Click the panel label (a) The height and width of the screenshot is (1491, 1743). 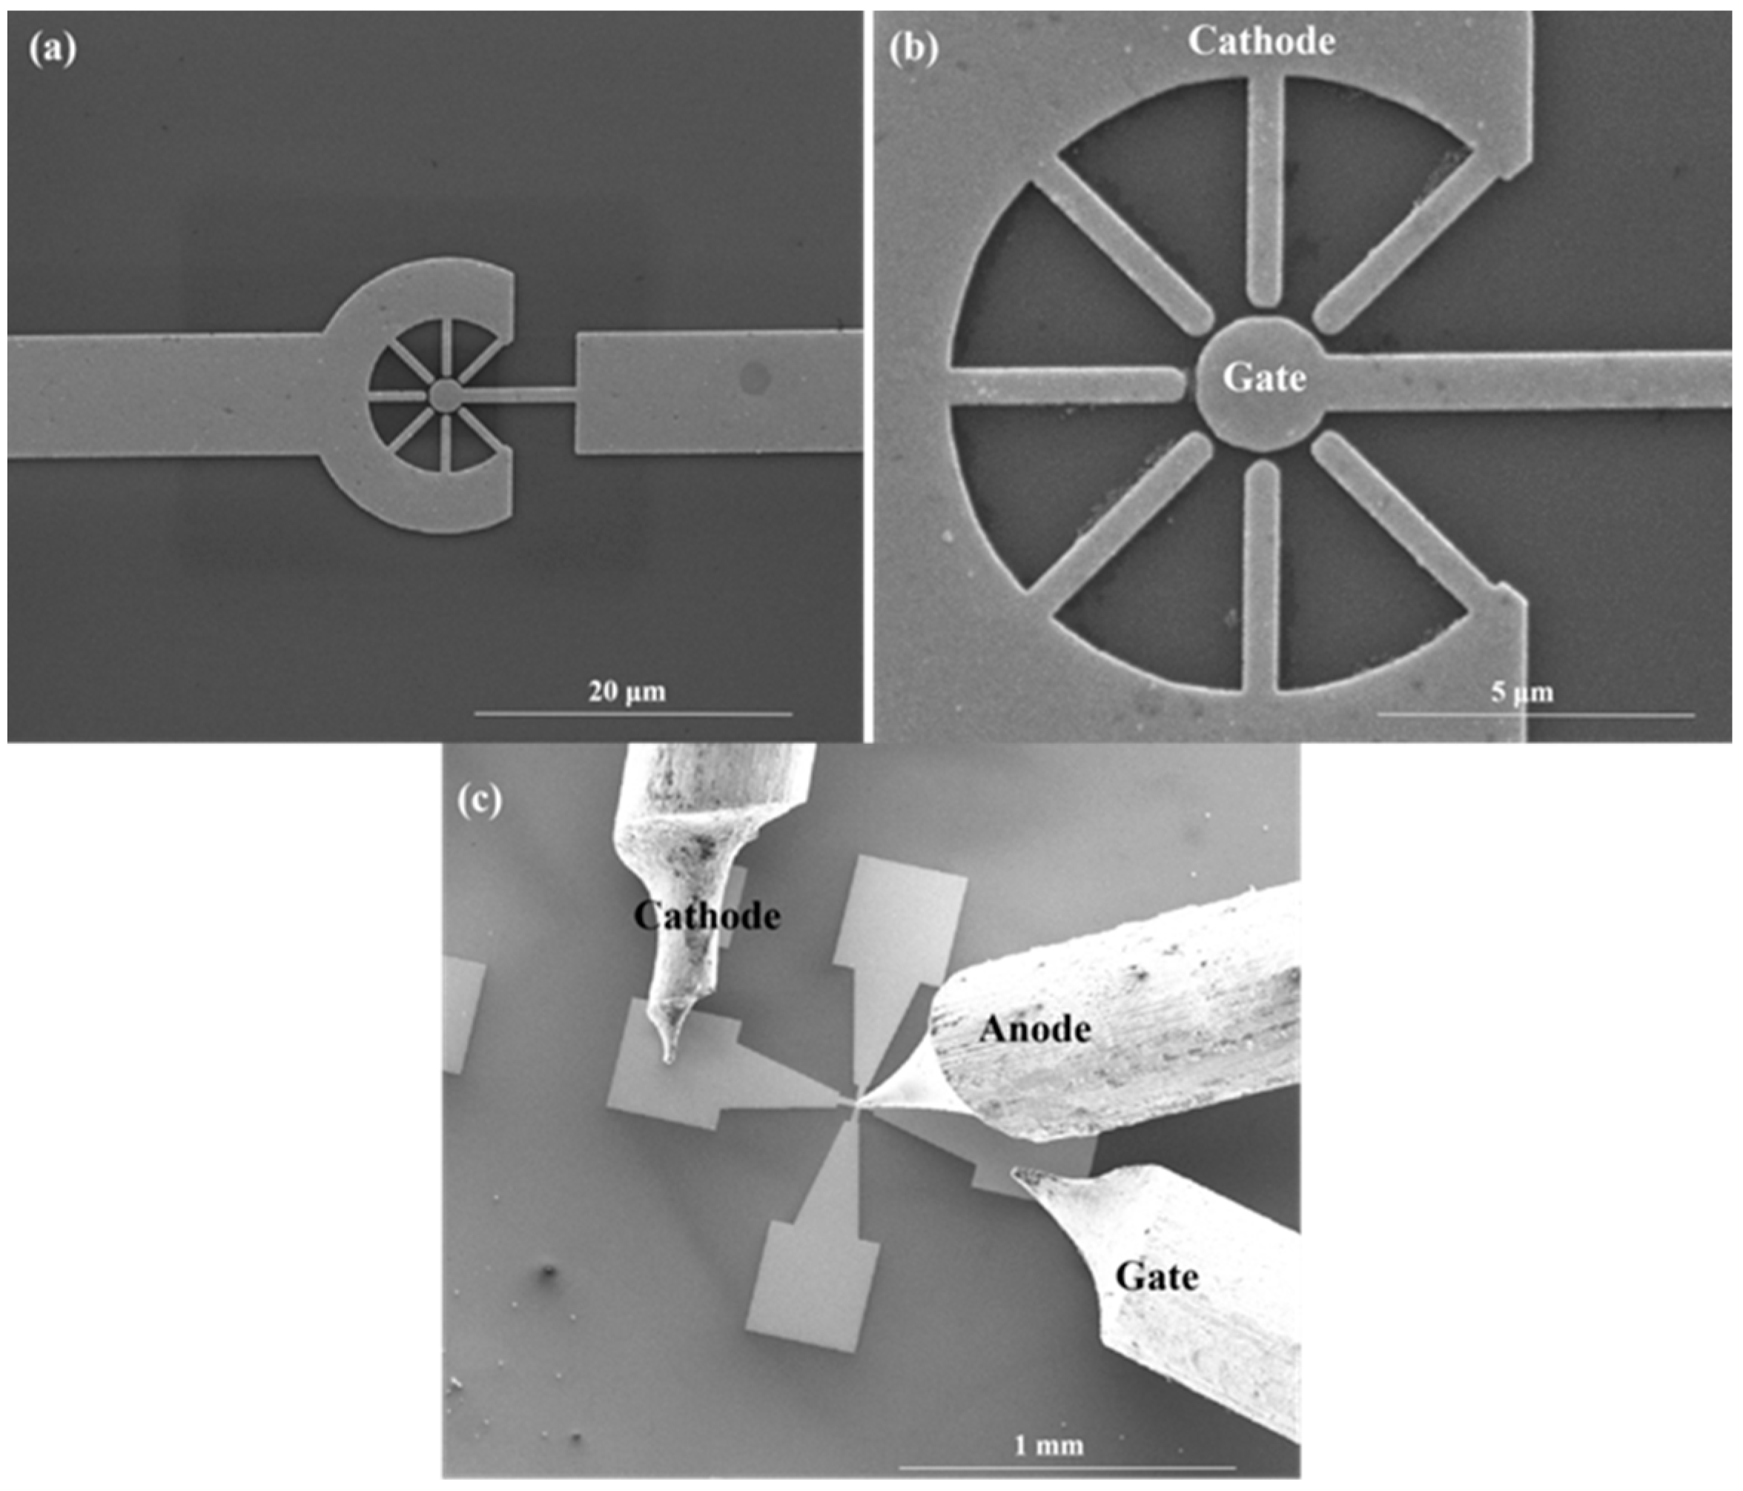(x=51, y=51)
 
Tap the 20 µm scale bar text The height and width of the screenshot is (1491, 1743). (x=626, y=692)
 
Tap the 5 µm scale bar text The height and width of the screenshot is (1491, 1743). (x=1523, y=692)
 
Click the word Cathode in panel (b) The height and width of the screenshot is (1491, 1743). (x=1261, y=41)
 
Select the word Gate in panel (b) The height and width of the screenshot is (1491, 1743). (x=1264, y=378)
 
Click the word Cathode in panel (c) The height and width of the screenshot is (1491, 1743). (x=707, y=916)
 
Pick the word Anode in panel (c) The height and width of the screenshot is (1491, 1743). (x=1035, y=1029)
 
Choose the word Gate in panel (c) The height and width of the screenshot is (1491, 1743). (x=1157, y=1278)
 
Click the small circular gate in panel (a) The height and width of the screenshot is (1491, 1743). (x=444, y=393)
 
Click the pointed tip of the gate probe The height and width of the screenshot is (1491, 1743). (x=1013, y=1171)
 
